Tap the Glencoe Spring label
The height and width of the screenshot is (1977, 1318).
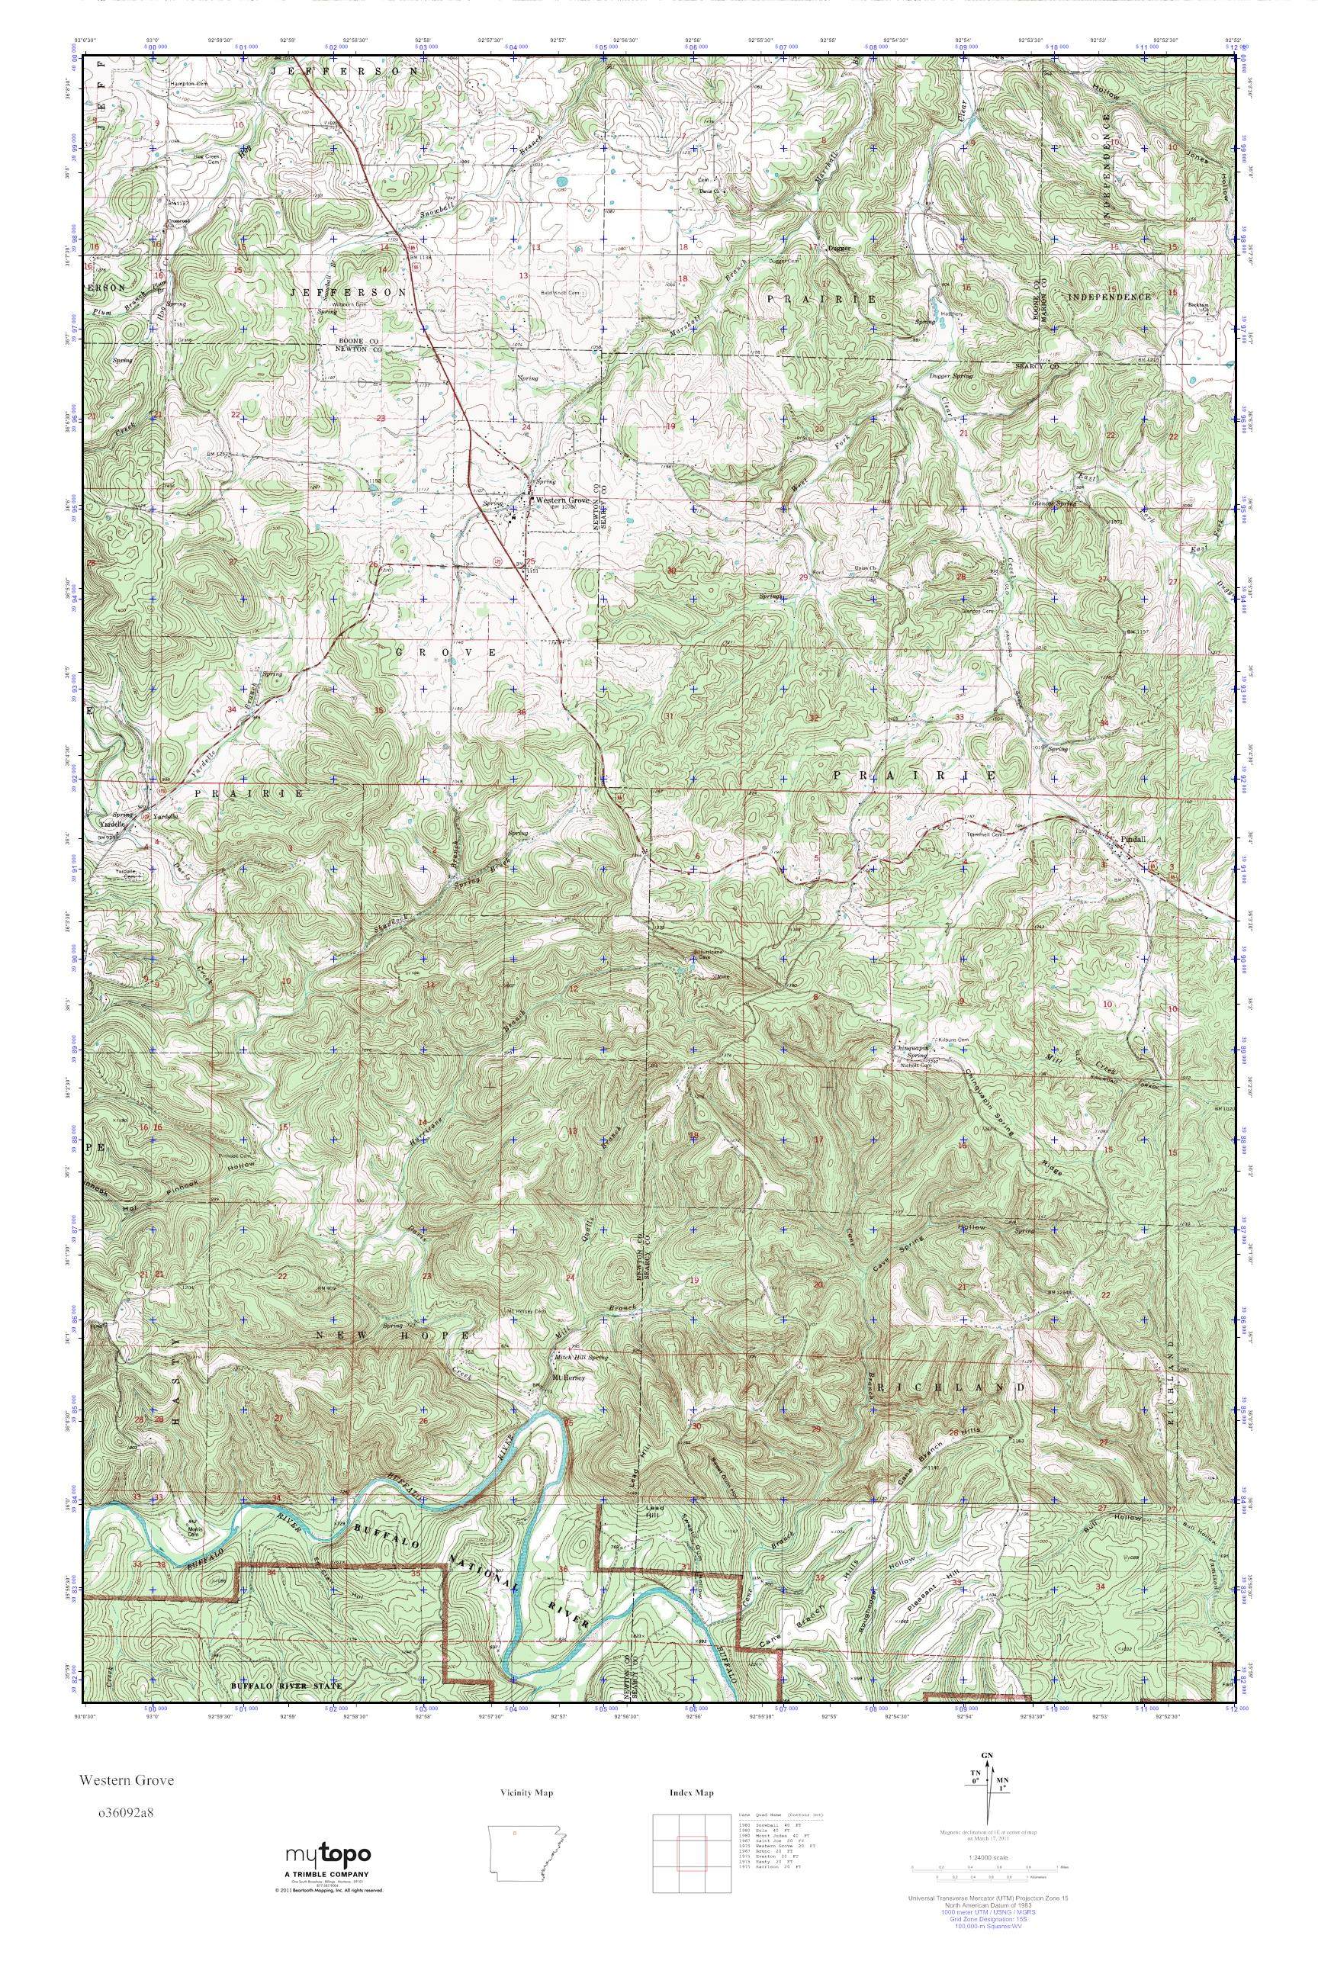pyautogui.click(x=1053, y=503)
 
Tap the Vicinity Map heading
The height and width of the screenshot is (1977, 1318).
pyautogui.click(x=526, y=1793)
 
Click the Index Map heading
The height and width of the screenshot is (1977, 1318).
pyautogui.click(x=692, y=1793)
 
